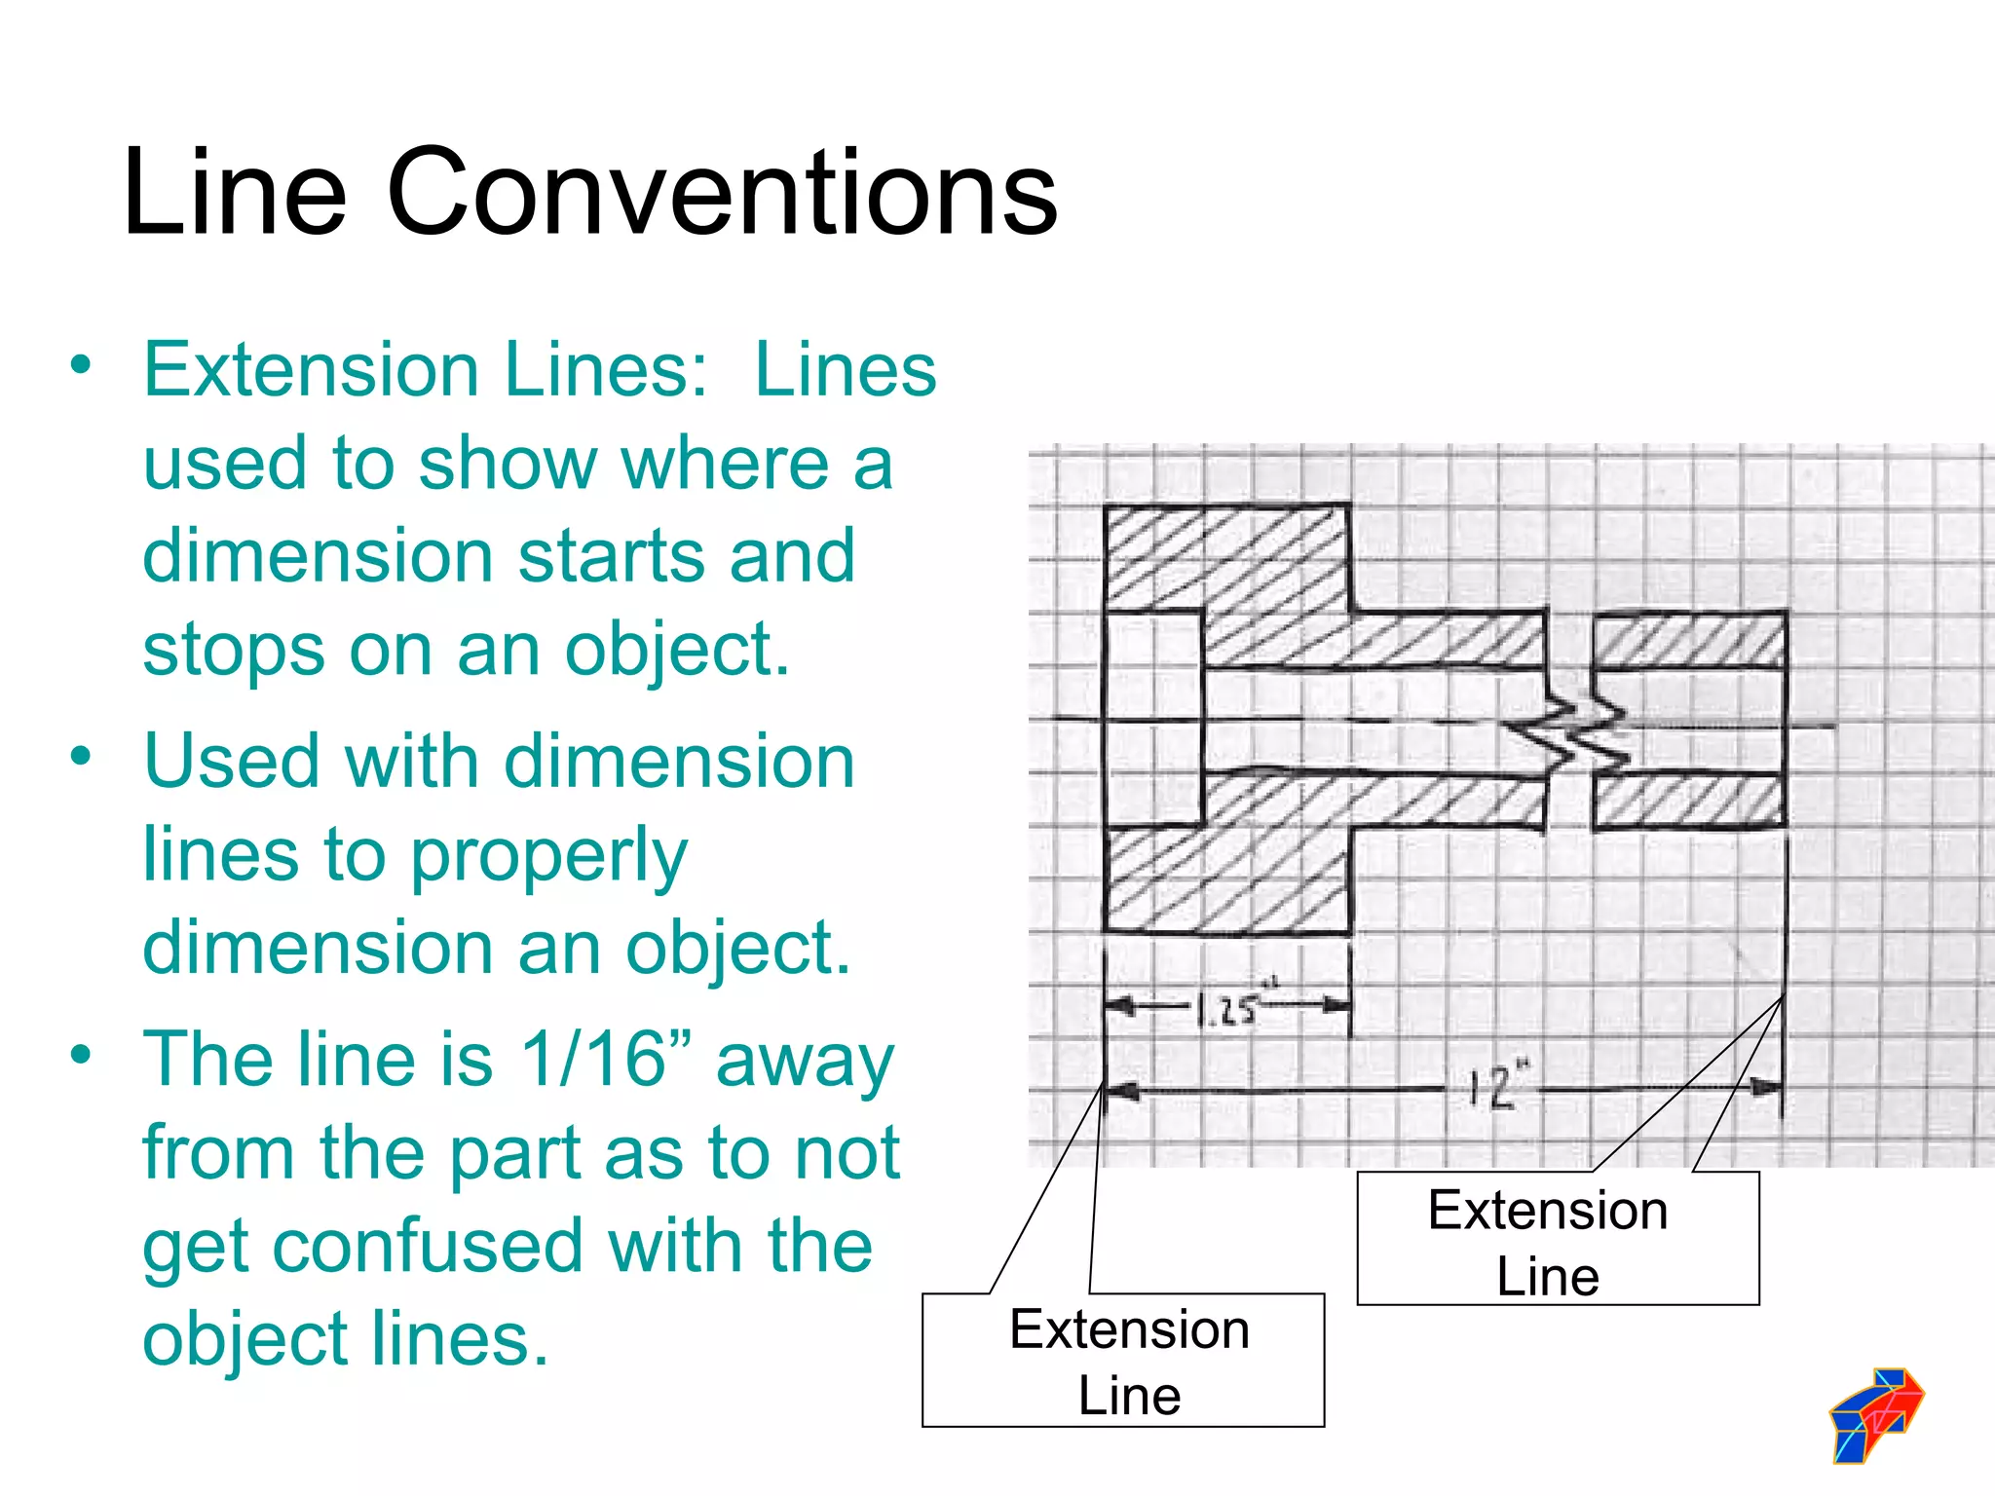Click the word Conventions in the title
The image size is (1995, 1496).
pyautogui.click(x=722, y=192)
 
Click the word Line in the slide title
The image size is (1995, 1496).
pyautogui.click(x=235, y=192)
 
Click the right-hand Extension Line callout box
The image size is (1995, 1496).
pyautogui.click(x=1557, y=1239)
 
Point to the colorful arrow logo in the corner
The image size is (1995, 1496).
pyautogui.click(x=1876, y=1413)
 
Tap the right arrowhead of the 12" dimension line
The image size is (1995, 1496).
pyautogui.click(x=1765, y=1087)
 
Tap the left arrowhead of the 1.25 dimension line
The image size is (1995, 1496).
pyautogui.click(x=1120, y=1005)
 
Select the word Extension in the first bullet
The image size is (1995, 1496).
pyautogui.click(x=312, y=370)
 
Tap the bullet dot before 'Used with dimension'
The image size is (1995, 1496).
pyautogui.click(x=81, y=756)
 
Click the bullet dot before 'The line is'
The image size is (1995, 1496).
pyautogui.click(x=81, y=1054)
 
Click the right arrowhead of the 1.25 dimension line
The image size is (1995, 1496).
pyautogui.click(x=1336, y=1004)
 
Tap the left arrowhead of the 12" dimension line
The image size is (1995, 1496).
pyautogui.click(x=1121, y=1091)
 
